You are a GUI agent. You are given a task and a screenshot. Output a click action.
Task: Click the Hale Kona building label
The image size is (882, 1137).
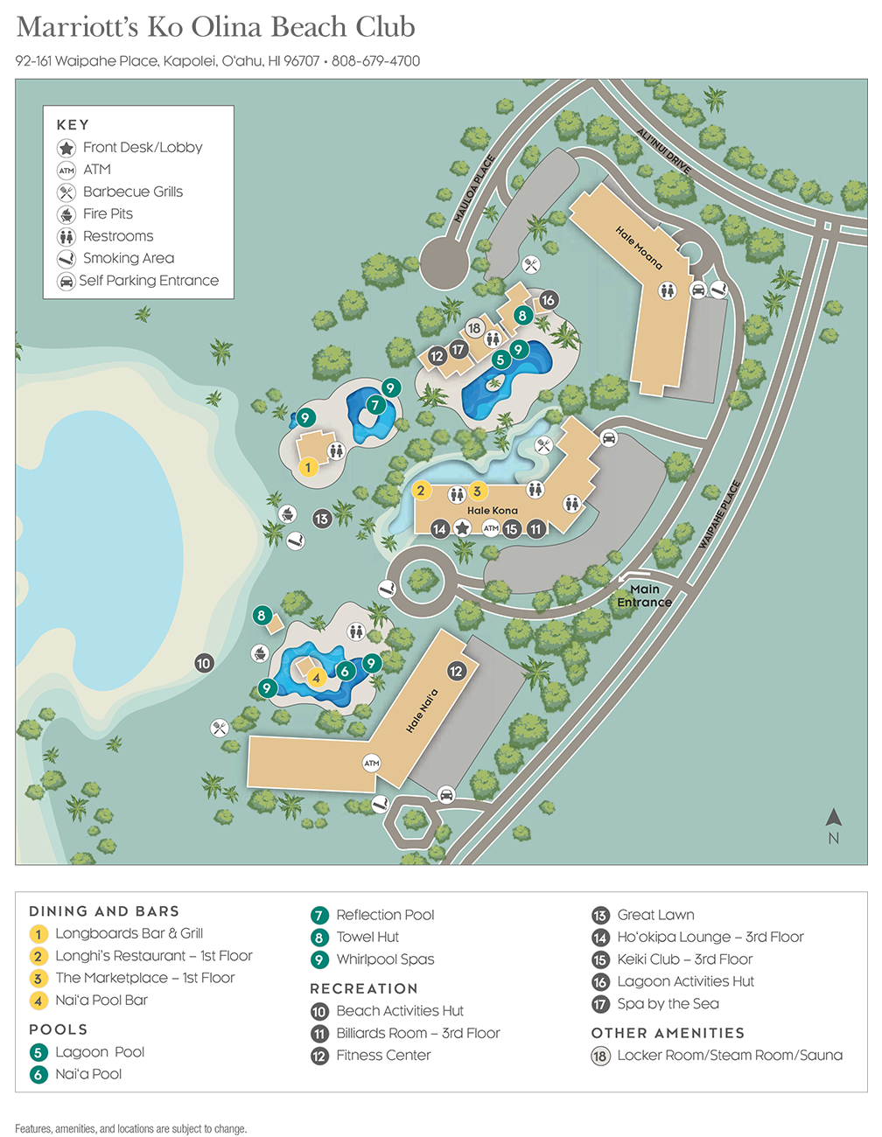pyautogui.click(x=492, y=510)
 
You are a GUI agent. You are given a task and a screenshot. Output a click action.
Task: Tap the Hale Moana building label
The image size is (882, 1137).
pyautogui.click(x=639, y=248)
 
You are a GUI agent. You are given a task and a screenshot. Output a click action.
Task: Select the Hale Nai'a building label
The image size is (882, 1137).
pyautogui.click(x=422, y=710)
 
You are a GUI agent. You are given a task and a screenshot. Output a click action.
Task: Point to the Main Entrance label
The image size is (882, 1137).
pyautogui.click(x=644, y=596)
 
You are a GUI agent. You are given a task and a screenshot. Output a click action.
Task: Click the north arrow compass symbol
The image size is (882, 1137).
pyautogui.click(x=833, y=820)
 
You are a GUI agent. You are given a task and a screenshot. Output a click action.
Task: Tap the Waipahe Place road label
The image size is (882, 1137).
pyautogui.click(x=719, y=515)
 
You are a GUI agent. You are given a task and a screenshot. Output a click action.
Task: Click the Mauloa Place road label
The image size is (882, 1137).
pyautogui.click(x=475, y=188)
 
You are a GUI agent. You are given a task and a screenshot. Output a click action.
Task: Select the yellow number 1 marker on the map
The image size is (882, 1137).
pyautogui.click(x=308, y=467)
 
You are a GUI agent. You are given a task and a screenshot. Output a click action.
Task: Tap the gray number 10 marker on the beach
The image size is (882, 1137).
pyautogui.click(x=204, y=663)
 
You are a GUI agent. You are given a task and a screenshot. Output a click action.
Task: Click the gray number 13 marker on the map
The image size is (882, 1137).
pyautogui.click(x=322, y=519)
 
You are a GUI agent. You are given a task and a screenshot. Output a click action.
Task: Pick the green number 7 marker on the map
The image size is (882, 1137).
pyautogui.click(x=375, y=405)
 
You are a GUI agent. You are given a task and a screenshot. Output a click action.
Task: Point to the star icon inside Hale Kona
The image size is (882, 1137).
pyautogui.click(x=462, y=528)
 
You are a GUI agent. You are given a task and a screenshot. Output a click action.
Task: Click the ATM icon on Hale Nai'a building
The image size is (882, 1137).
pyautogui.click(x=372, y=763)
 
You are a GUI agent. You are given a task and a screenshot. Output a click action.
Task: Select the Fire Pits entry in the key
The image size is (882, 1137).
pyautogui.click(x=108, y=213)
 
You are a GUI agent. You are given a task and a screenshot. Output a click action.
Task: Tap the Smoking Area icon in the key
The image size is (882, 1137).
pyautogui.click(x=66, y=259)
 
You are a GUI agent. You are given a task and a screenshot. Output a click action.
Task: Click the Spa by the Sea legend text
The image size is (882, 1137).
pyautogui.click(x=668, y=1003)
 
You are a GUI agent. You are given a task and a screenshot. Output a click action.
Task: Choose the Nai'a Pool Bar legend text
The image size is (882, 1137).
pyautogui.click(x=101, y=1000)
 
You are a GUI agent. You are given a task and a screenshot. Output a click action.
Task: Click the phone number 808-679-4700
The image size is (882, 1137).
pyautogui.click(x=376, y=61)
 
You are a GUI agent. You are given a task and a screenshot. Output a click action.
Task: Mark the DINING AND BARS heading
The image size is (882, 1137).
pyautogui.click(x=104, y=911)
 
